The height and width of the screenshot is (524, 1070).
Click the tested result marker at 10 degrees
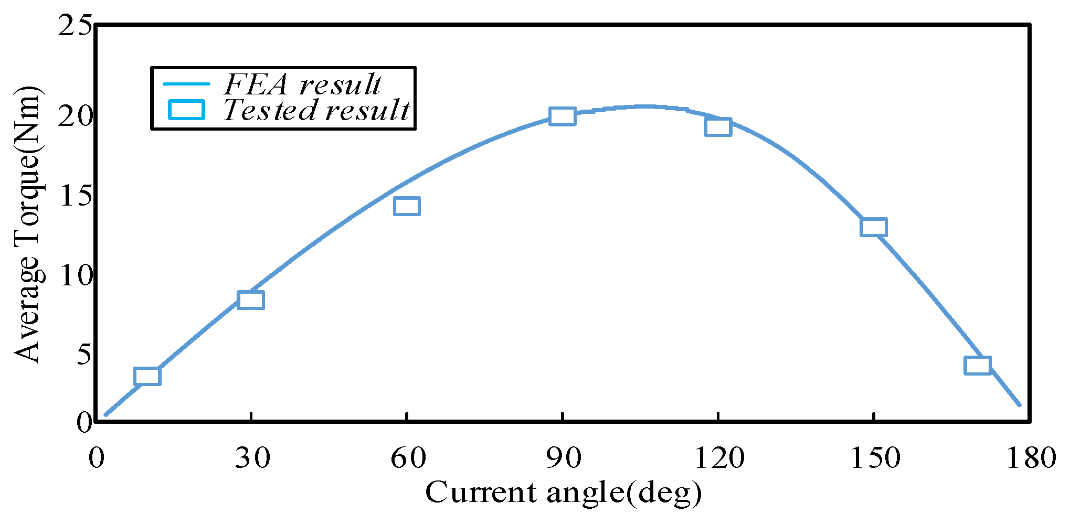pyautogui.click(x=147, y=376)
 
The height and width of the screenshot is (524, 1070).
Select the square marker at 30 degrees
pyautogui.click(x=251, y=300)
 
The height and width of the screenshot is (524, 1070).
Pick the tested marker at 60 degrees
pyautogui.click(x=407, y=206)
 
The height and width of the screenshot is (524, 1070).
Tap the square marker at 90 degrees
pyautogui.click(x=563, y=116)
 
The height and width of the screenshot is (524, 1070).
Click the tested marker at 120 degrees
pyautogui.click(x=718, y=127)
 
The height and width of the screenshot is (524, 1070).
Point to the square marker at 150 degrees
pyautogui.click(x=874, y=227)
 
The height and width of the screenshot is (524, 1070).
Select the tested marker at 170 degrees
pyautogui.click(x=978, y=365)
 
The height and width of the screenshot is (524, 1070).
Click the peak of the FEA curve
pyautogui.click(x=643, y=106)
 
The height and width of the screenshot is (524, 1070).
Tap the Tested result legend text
pyautogui.click(x=316, y=110)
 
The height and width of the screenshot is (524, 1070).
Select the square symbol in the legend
pyautogui.click(x=186, y=110)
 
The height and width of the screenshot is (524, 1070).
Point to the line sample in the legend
pyautogui.click(x=186, y=84)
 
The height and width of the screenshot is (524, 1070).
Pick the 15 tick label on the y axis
pyautogui.click(x=75, y=196)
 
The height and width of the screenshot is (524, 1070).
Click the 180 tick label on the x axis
pyautogui.click(x=1030, y=458)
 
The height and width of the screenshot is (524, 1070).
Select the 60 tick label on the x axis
pyautogui.click(x=408, y=458)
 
